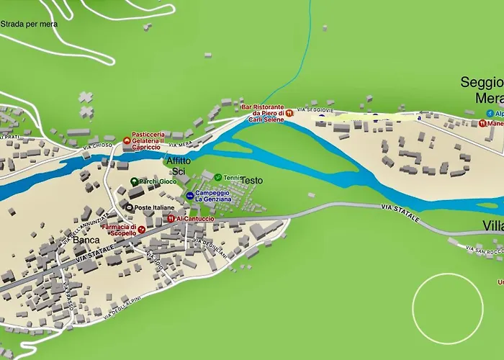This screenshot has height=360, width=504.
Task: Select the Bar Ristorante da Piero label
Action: click(x=262, y=113)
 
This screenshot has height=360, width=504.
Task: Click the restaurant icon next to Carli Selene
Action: click(x=289, y=113)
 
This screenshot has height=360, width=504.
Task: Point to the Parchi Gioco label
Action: click(x=158, y=181)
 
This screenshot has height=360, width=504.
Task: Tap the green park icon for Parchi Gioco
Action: click(x=134, y=181)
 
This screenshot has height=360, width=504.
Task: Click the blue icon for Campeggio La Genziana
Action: click(x=190, y=195)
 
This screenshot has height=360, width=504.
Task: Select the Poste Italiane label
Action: click(x=154, y=207)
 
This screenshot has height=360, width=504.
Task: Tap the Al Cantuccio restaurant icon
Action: click(x=171, y=218)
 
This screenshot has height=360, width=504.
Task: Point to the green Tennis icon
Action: click(x=218, y=177)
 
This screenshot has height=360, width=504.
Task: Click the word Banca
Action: click(x=86, y=240)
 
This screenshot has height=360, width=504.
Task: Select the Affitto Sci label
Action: click(x=179, y=166)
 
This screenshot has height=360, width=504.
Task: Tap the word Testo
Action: click(x=251, y=180)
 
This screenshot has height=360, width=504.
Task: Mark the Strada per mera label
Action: click(x=29, y=24)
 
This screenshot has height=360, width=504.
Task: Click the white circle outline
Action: click(x=447, y=309)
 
